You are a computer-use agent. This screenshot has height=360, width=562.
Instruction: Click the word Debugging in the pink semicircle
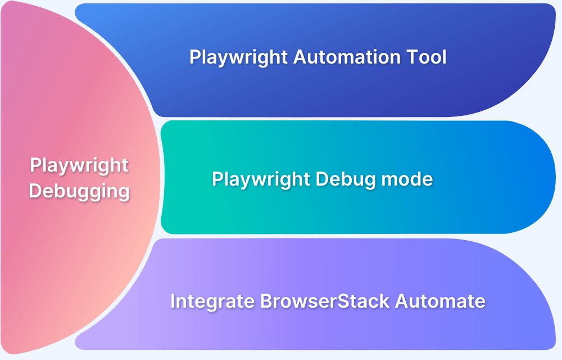click(x=79, y=191)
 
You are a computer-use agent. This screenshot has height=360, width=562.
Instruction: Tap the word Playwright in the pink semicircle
click(x=79, y=165)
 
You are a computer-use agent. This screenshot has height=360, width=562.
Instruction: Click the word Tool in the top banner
click(x=428, y=57)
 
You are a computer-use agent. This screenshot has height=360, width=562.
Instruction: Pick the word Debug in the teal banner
click(x=339, y=179)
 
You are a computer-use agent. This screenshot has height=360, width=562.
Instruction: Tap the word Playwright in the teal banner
click(x=261, y=179)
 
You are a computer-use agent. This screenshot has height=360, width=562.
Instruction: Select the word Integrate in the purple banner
click(x=212, y=301)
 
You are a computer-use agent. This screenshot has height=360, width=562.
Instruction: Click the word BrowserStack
click(x=325, y=301)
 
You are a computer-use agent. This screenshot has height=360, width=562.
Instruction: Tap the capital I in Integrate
click(x=173, y=301)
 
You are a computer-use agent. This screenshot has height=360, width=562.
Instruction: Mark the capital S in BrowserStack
click(x=348, y=301)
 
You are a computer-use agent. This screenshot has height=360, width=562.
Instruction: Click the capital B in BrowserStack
click(x=265, y=301)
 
